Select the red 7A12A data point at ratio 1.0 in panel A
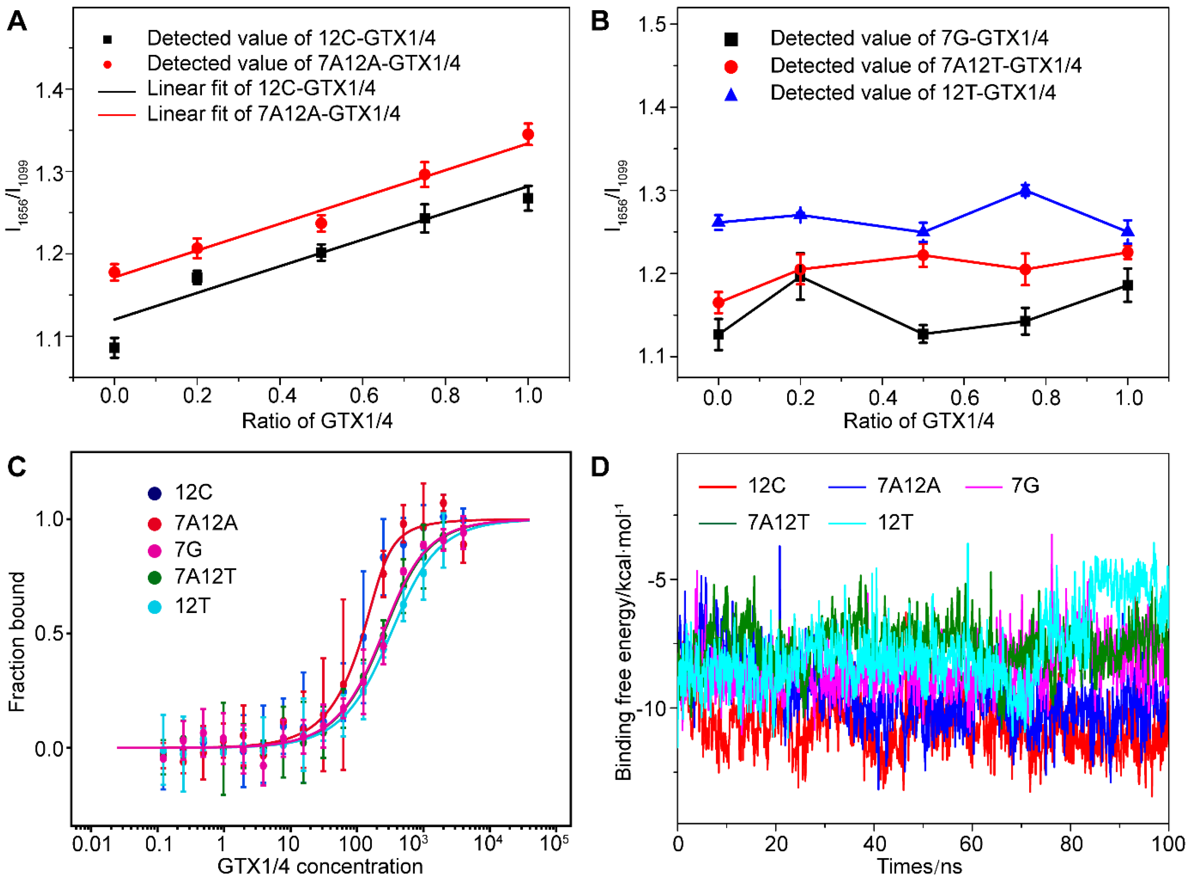click(528, 134)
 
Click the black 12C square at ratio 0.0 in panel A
click(114, 348)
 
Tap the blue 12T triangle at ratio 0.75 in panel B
click(1025, 190)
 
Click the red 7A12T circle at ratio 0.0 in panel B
click(719, 303)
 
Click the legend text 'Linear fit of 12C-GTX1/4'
click(261, 88)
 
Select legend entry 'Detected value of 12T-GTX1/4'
click(912, 93)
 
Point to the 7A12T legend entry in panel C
click(205, 577)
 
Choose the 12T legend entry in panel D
click(895, 522)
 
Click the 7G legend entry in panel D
click(1024, 485)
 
